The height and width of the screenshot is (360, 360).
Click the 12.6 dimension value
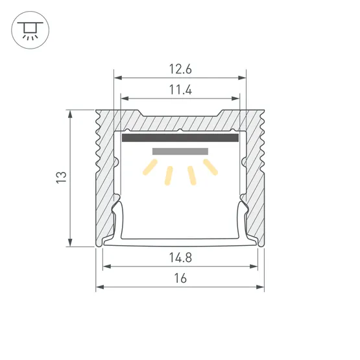tap(180, 69)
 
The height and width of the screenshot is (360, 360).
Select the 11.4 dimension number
tap(180, 90)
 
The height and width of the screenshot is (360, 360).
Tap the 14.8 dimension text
tap(180, 258)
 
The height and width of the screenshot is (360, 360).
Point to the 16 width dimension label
tap(180, 278)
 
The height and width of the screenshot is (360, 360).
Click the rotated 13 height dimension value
tap(62, 177)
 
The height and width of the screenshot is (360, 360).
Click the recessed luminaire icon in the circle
tap(30, 30)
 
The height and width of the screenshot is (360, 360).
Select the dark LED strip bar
tap(180, 138)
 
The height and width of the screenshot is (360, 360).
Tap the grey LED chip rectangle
tap(180, 151)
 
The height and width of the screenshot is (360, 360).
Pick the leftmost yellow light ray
tap(150, 167)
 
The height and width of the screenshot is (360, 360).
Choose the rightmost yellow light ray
tap(210, 167)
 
